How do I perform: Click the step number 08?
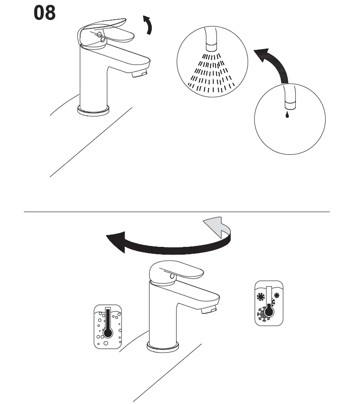click(45, 13)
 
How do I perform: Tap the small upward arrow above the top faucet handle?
click(148, 25)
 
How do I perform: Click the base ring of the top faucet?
click(94, 110)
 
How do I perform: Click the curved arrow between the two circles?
click(275, 64)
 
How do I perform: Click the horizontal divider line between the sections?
click(177, 212)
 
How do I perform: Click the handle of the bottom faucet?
click(177, 272)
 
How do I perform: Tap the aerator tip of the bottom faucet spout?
click(209, 311)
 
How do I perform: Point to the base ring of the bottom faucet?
click(162, 347)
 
